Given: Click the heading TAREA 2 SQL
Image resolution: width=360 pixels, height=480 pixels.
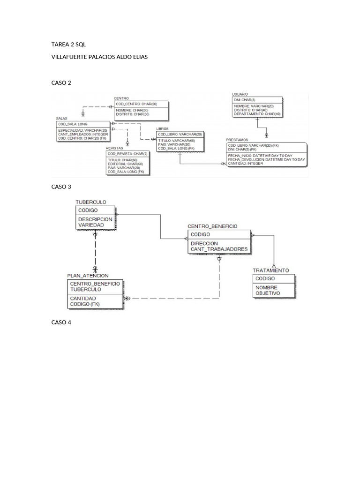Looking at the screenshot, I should pos(68,45).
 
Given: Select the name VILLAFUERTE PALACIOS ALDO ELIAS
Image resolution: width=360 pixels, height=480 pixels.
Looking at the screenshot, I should pos(99,57).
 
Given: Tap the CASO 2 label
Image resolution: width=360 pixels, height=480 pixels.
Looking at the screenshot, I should pos(61,82).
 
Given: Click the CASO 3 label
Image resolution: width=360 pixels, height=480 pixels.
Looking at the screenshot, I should pos(61,187).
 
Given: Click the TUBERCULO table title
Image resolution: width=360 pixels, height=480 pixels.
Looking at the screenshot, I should pos(91,202).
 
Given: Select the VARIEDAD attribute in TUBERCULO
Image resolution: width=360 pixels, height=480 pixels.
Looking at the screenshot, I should pos(91,225).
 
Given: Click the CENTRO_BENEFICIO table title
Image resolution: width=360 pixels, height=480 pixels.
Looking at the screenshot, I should pos(212,226).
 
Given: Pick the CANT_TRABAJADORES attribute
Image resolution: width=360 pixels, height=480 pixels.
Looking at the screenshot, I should pos(219,249).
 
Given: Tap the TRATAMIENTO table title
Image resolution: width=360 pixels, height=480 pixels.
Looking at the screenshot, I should pos(271,270).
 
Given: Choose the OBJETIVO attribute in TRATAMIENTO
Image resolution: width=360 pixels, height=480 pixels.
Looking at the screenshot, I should pos(267,293).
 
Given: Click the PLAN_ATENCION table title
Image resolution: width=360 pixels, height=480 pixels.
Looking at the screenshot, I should pos(88,276).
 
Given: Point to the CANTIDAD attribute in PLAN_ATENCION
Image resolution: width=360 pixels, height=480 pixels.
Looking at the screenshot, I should pos(83,298).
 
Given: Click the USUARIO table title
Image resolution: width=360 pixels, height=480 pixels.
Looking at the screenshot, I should pos(240,94).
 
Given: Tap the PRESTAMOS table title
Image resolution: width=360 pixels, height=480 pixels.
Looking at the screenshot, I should pos(237,140).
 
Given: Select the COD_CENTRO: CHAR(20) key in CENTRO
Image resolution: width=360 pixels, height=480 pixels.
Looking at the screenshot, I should pos(136,104).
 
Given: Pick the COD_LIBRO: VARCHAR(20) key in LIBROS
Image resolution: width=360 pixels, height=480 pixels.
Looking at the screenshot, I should pos(180,134).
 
